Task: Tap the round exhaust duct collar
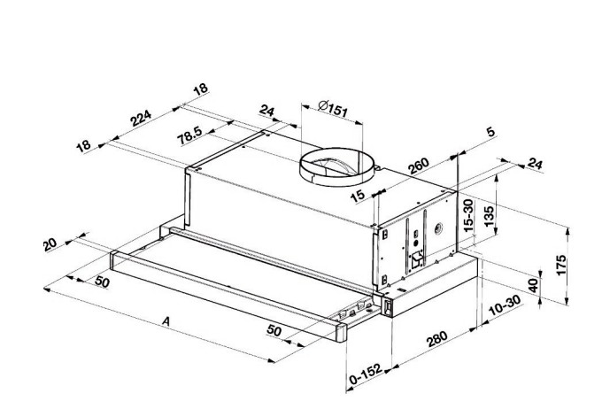[336, 166]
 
